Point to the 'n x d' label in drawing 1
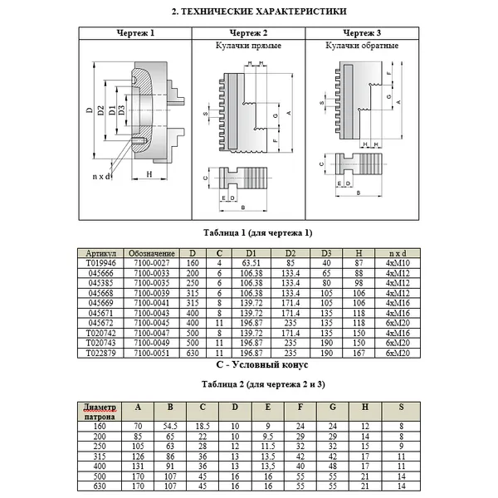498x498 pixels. [101, 176]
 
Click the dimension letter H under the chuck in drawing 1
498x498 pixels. [147, 174]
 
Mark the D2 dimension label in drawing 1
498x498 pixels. [100, 110]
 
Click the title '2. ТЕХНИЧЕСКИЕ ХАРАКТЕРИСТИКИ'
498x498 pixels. [247, 12]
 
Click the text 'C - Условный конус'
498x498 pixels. [247, 364]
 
